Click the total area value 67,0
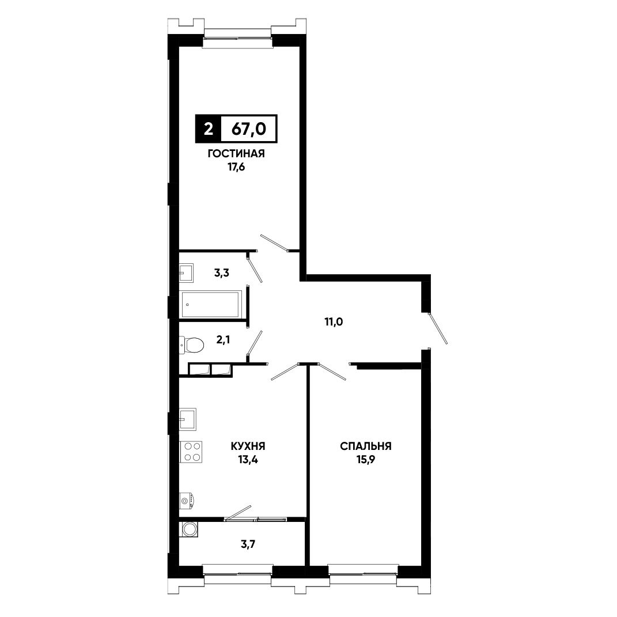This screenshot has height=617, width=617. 249,128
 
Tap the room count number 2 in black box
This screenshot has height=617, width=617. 208,128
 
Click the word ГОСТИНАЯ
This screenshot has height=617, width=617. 236,153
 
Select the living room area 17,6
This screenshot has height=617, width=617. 236,167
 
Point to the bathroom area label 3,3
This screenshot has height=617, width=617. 222,272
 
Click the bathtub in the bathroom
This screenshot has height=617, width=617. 210,304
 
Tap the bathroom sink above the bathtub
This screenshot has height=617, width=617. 186,272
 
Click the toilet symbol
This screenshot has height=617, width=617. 191,345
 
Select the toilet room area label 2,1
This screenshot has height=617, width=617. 223,339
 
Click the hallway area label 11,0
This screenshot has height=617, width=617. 334,322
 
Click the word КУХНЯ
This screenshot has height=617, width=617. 248,446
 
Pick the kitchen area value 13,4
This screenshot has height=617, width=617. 248,459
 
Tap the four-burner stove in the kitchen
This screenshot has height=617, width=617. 191,452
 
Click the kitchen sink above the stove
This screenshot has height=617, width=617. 188,419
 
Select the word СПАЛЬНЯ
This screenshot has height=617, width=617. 366,446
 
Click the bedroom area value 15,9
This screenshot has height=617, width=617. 366,459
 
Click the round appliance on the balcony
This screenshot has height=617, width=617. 189,529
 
